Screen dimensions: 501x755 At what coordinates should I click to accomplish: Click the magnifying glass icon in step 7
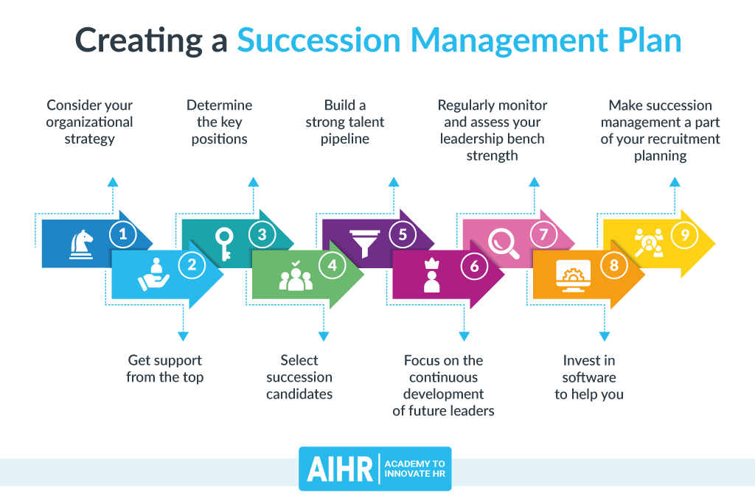[505, 242]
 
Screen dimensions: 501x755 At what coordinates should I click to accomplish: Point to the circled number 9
[685, 235]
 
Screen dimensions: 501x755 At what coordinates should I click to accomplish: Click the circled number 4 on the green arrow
[333, 265]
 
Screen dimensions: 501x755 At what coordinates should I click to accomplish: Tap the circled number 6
[474, 266]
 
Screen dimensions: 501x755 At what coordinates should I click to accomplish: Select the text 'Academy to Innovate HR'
[414, 469]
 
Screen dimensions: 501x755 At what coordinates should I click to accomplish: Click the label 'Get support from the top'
[164, 368]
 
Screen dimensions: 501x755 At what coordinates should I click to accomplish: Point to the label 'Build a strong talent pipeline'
[345, 122]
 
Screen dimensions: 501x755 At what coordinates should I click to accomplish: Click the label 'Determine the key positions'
[219, 122]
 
